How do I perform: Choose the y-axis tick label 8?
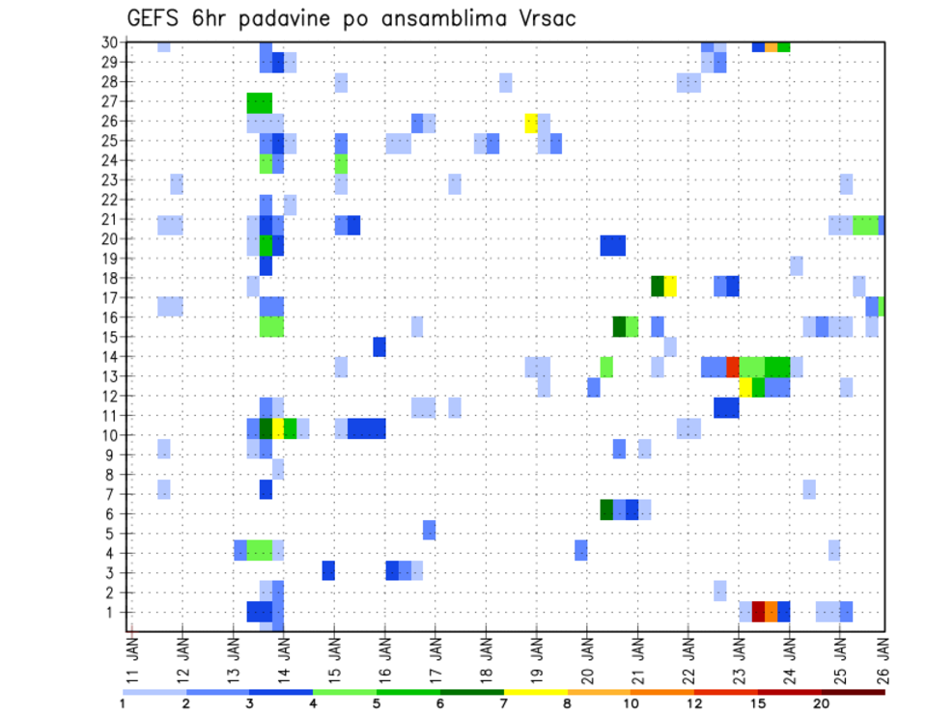113,475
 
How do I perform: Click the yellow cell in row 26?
531,122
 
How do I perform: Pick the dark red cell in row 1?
758,612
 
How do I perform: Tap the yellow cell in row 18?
670,286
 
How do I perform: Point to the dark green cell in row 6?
606,509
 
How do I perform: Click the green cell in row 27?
259,102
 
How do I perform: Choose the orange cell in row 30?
771,46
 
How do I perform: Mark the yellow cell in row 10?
278,428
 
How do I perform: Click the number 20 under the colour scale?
821,703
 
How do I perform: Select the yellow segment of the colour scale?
536,692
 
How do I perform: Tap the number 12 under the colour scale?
694,703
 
